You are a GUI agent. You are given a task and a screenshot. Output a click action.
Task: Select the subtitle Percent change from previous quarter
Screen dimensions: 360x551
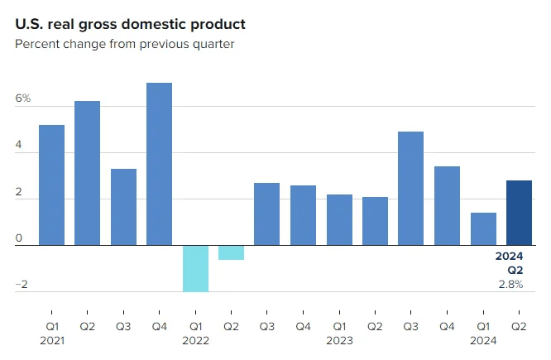click(124, 43)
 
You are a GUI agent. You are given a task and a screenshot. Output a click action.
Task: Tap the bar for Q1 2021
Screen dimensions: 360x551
click(51, 185)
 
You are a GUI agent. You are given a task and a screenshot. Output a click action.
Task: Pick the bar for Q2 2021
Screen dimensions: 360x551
click(87, 173)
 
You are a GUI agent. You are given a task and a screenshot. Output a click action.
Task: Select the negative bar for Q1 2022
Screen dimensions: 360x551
click(195, 268)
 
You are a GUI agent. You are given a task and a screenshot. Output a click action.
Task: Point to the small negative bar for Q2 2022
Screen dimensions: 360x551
click(231, 252)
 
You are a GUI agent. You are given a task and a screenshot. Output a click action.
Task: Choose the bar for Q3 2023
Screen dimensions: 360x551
click(410, 189)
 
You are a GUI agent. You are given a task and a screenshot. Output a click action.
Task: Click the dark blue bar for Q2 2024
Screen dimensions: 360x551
click(519, 213)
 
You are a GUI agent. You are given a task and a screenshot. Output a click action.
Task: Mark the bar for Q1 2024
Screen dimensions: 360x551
click(482, 229)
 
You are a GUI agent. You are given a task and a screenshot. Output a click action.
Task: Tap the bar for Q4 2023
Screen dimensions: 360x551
click(447, 206)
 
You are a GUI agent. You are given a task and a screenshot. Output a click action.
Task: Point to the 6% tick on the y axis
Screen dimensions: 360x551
click(22, 99)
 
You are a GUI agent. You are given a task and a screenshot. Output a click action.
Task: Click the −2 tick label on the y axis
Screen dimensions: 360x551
click(22, 285)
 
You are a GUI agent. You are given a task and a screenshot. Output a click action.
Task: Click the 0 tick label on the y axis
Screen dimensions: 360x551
click(19, 238)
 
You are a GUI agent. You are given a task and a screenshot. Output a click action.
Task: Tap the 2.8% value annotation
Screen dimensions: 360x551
click(510, 284)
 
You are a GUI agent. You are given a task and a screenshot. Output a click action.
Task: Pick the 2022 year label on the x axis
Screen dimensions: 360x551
click(195, 340)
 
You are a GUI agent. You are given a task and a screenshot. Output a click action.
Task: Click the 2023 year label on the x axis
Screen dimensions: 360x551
click(339, 340)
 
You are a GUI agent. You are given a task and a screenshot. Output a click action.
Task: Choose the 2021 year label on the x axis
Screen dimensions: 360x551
click(51, 340)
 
